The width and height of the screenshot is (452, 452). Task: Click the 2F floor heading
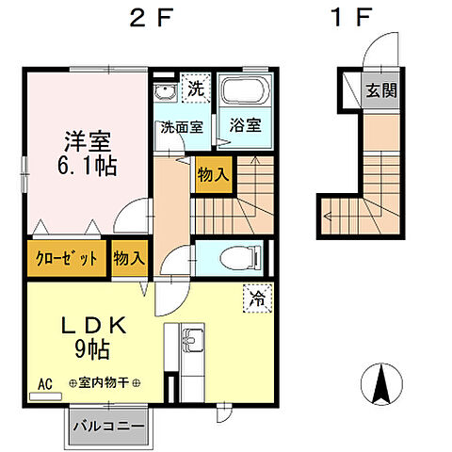[x=152, y=17]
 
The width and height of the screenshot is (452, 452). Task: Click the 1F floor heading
[x=351, y=17]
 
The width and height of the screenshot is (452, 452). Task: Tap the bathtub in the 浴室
[x=246, y=90]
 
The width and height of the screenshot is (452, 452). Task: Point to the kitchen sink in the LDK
[x=193, y=339]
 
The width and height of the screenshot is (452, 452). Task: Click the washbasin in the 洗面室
[x=165, y=91]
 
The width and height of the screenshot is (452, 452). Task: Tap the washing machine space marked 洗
[x=196, y=89]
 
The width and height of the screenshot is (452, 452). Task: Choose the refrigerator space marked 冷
[x=257, y=299]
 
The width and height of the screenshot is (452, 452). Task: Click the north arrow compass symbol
[x=381, y=383]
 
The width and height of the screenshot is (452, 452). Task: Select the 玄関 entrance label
[x=381, y=90]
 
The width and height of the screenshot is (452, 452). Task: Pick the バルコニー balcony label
[x=108, y=427]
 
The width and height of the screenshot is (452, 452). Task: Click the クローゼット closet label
[x=67, y=259]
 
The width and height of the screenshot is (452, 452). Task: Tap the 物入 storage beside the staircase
[x=214, y=174]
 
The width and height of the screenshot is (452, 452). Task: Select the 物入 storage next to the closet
[x=129, y=258]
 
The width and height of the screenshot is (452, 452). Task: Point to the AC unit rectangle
[x=45, y=396]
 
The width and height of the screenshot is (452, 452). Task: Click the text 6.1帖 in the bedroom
[x=88, y=165]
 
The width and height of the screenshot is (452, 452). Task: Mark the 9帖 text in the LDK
[x=92, y=349]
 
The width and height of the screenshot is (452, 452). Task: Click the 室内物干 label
[x=104, y=382]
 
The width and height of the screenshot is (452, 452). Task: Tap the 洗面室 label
[x=182, y=127]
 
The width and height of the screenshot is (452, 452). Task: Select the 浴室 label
[x=246, y=125]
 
